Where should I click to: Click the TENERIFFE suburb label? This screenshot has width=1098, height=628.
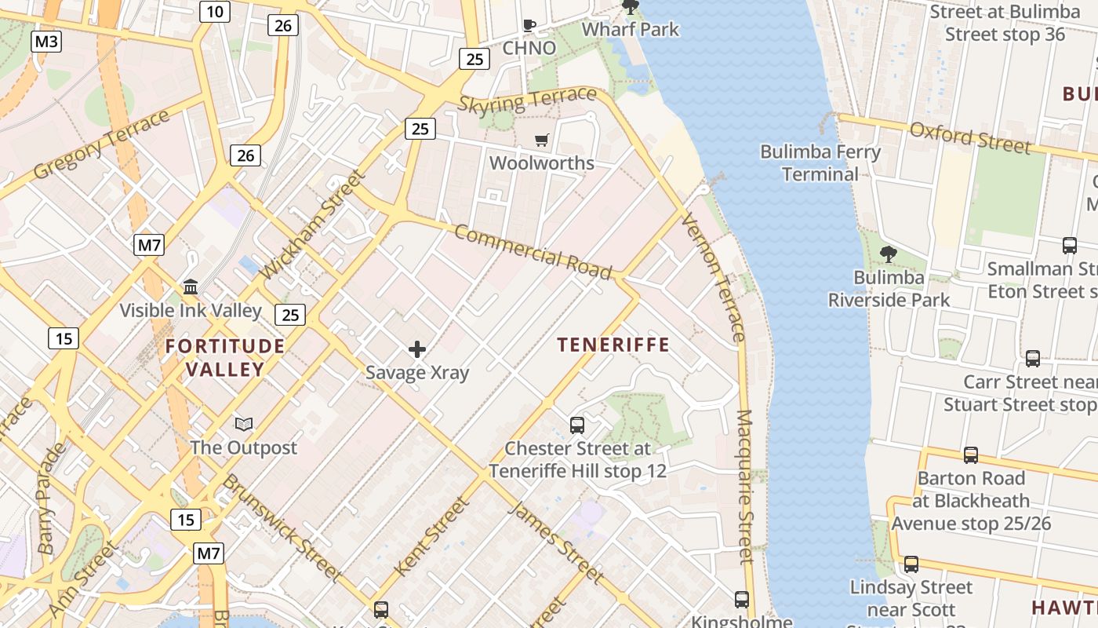coord(613,345)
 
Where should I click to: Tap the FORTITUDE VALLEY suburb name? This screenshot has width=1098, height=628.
coord(225,358)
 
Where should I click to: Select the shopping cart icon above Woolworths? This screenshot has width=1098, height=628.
coord(541,141)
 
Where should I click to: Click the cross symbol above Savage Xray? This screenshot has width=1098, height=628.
coord(417,349)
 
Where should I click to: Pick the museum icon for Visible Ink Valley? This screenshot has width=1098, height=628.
coord(191,287)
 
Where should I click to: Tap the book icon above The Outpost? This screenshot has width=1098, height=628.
coord(244,425)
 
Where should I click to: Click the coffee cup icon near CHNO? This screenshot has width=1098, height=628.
coord(529,25)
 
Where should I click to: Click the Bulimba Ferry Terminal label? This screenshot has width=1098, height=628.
coord(820,162)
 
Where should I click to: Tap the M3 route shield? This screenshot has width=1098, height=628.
coord(46,42)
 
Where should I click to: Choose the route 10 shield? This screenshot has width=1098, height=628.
coord(215,11)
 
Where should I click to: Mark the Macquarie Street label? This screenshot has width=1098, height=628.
coord(745,487)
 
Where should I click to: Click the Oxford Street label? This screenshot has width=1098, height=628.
coord(970,138)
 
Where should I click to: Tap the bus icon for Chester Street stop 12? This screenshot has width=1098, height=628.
coord(577,425)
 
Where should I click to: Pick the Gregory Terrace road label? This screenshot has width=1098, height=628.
coord(102,144)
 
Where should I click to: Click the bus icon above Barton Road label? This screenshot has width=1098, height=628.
coord(971,455)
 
